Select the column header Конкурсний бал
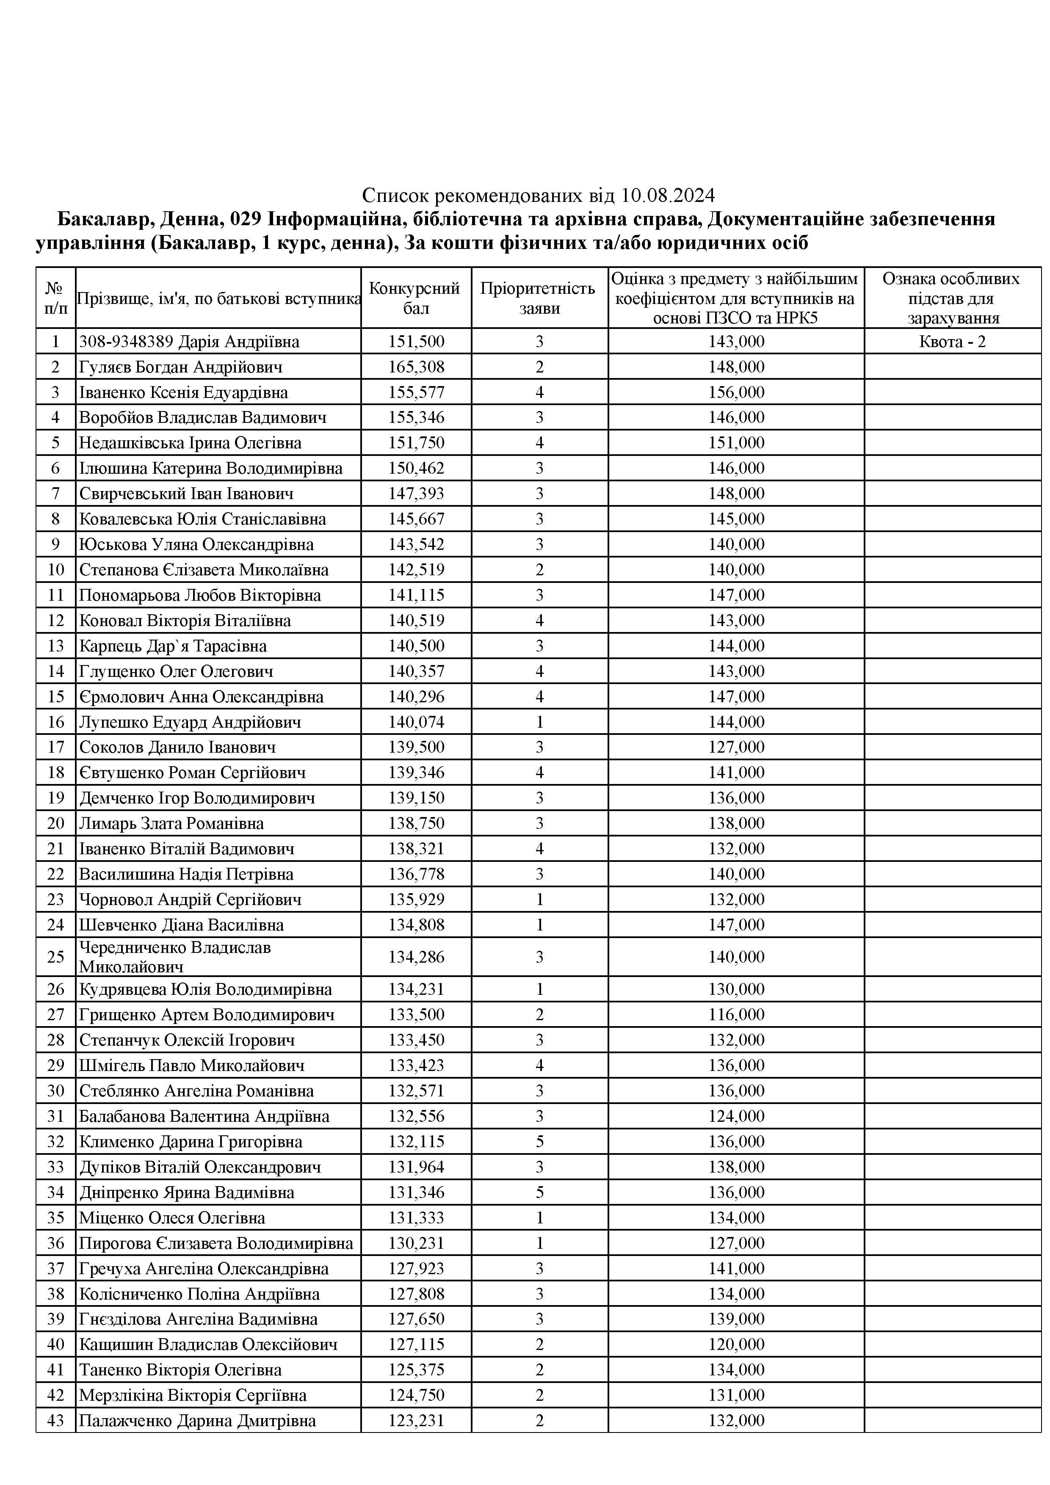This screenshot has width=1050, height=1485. (x=415, y=298)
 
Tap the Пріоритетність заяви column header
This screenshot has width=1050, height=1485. (x=539, y=298)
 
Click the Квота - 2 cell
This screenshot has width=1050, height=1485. (x=952, y=342)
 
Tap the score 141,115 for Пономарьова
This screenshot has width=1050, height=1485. (x=416, y=595)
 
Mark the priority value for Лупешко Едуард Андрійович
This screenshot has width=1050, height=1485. (x=539, y=722)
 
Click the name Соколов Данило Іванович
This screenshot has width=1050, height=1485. (x=177, y=747)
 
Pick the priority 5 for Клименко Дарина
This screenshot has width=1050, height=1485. (x=539, y=1142)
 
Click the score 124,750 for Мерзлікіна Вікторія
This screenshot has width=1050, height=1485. (x=416, y=1395)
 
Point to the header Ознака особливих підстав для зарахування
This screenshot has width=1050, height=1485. (x=952, y=298)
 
